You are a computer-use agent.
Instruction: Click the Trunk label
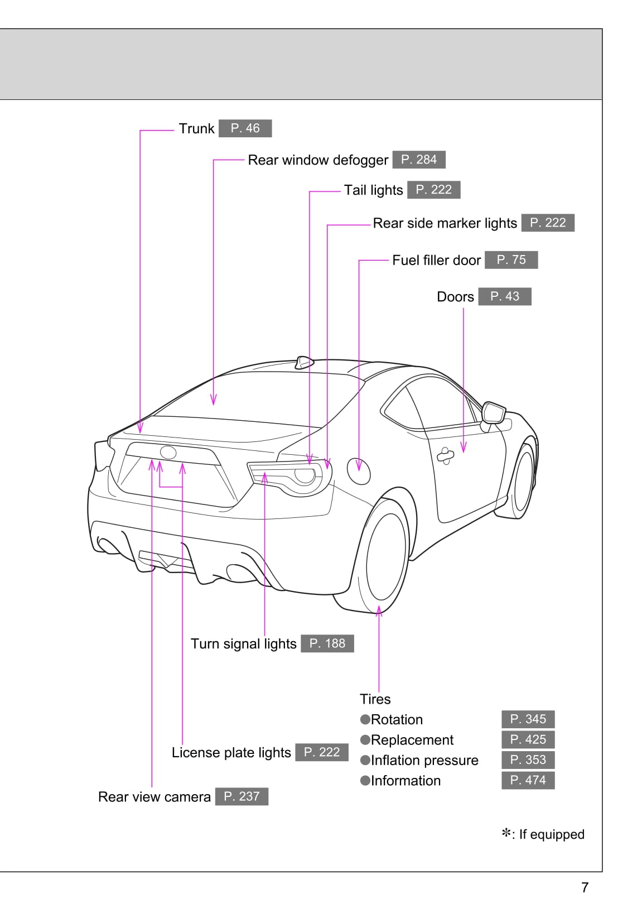(196, 129)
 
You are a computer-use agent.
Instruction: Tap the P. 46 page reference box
(245, 128)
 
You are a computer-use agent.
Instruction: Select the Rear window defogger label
(317, 160)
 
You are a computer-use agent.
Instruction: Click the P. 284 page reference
(418, 160)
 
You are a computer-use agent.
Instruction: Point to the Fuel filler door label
(436, 261)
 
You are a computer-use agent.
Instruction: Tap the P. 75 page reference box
(511, 260)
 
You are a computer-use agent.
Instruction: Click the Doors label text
(455, 297)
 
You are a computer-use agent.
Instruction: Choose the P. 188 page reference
(327, 643)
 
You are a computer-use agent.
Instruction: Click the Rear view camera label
(154, 797)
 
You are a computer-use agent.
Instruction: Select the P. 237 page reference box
(241, 796)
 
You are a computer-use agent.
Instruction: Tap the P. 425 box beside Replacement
(528, 740)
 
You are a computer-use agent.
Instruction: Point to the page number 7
(585, 887)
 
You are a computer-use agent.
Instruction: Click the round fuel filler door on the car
(358, 471)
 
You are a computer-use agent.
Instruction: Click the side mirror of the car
(494, 413)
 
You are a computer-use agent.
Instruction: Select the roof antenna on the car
(303, 362)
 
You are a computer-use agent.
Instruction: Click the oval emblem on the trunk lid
(168, 453)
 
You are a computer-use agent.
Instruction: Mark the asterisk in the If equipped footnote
(506, 834)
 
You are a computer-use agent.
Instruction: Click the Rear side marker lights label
(445, 223)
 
